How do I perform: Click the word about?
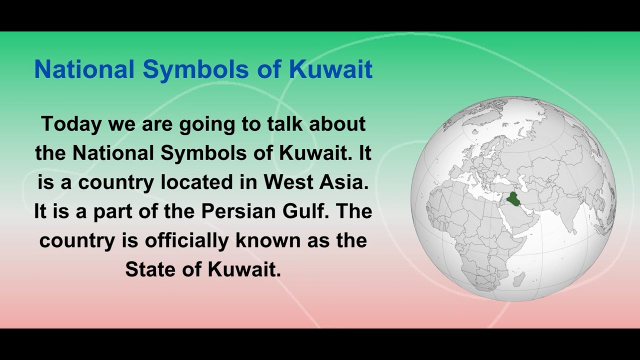337,124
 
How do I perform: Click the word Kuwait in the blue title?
330,69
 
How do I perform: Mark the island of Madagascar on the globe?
519,279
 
